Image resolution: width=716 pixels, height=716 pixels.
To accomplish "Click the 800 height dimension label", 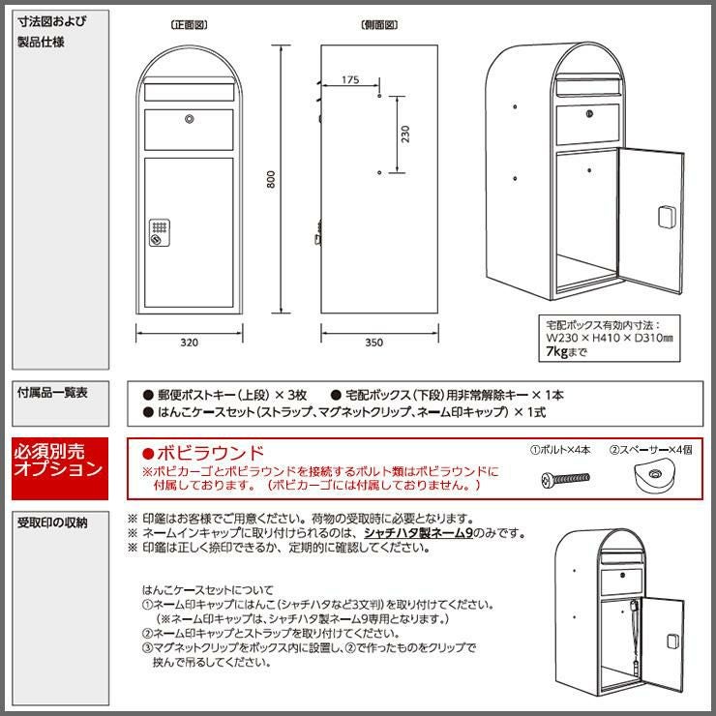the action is tap(271, 179).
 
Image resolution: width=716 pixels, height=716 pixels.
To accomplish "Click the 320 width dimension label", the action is tap(189, 343).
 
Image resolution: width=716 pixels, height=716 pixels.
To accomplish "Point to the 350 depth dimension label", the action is tap(374, 343).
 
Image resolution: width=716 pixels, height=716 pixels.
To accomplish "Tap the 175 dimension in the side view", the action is tap(350, 80).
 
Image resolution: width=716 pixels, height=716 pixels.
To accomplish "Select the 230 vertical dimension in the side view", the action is tap(405, 134).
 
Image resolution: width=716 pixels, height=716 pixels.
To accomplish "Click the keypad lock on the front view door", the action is tap(160, 232).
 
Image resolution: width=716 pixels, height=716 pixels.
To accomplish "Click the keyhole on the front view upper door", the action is tap(189, 119).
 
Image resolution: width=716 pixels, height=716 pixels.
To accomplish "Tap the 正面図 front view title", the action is tap(189, 24).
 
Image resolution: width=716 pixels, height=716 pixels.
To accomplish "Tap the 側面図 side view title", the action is tap(379, 24).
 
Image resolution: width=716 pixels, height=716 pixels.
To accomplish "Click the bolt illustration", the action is tap(565, 480).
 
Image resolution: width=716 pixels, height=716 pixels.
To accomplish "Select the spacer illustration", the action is tap(654, 478).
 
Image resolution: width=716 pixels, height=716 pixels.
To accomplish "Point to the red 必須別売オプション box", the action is tap(60, 468).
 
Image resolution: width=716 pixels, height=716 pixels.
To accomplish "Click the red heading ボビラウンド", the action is tap(203, 453).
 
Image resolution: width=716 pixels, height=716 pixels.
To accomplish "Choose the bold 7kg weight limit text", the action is tap(556, 351).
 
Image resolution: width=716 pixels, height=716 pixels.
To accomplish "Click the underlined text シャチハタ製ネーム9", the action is tap(418, 533).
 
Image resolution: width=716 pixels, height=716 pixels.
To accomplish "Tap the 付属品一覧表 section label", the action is tap(52, 392).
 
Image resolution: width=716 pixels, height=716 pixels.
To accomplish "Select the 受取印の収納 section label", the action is tap(52, 522).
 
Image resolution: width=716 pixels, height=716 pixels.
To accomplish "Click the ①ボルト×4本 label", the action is tap(560, 450).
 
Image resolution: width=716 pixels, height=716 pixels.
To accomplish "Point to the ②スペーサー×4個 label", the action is tap(651, 450).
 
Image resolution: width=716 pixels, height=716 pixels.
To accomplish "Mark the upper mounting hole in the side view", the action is tap(379, 97).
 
